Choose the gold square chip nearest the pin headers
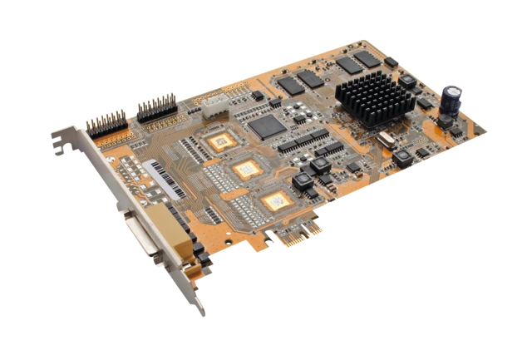click(220, 141)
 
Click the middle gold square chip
click(247, 170)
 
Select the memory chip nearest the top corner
click(366, 58)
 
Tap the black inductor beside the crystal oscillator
click(401, 157)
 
